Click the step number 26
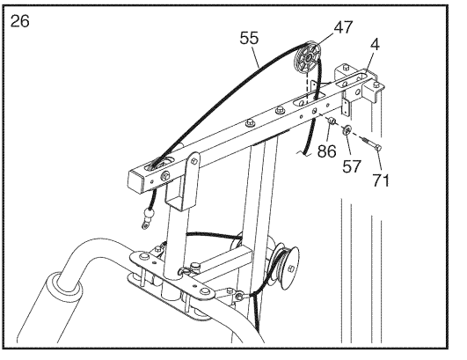coord(19,21)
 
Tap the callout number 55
coord(249,39)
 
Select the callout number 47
coord(343,27)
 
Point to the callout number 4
coord(376,44)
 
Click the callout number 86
coord(326,151)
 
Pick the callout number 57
coord(352,166)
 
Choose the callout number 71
coord(381,180)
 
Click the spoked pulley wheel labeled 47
coord(307,58)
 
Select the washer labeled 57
coord(347,129)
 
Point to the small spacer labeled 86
coord(332,121)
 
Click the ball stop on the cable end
coord(150,214)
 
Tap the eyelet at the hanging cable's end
coord(145,224)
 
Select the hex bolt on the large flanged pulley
coord(290,268)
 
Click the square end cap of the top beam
coord(135,182)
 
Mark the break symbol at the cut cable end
coord(304,153)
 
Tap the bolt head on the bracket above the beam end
coord(346,67)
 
